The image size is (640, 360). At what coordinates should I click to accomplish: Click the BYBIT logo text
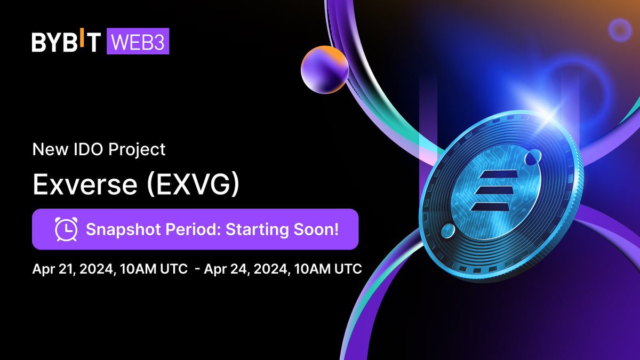point(66,43)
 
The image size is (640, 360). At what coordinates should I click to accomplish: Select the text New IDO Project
point(99,150)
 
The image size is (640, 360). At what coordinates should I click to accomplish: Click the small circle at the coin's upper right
point(532,158)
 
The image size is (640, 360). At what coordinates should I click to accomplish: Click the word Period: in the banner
point(193,229)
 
